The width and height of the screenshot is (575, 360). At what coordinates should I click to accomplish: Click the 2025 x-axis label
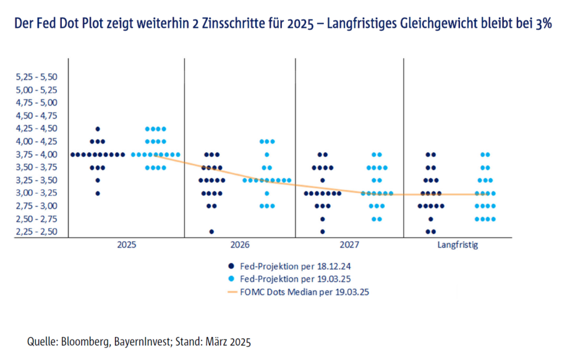click(127, 245)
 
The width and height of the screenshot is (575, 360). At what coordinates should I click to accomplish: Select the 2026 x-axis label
click(240, 245)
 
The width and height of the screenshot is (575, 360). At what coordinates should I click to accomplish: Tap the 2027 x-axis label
click(349, 245)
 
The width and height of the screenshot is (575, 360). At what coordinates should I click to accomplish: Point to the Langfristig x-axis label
click(458, 245)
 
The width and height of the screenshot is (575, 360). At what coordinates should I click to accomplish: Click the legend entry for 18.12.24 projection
click(290, 266)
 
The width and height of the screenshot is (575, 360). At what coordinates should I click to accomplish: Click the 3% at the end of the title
click(543, 24)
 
